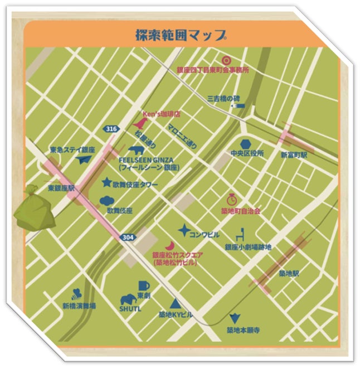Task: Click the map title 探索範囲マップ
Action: (x=181, y=35)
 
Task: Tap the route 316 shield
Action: (x=111, y=129)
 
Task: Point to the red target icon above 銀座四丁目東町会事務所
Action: (x=226, y=60)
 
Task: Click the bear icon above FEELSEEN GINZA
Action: (x=135, y=150)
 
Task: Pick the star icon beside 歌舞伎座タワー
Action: (x=106, y=182)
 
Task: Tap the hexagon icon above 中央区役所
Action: (x=246, y=144)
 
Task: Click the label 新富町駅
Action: (x=294, y=154)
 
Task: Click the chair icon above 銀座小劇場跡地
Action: (x=241, y=235)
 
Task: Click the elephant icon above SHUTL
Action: (x=128, y=299)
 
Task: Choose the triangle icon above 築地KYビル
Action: (x=175, y=304)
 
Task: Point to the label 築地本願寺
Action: (x=243, y=330)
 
